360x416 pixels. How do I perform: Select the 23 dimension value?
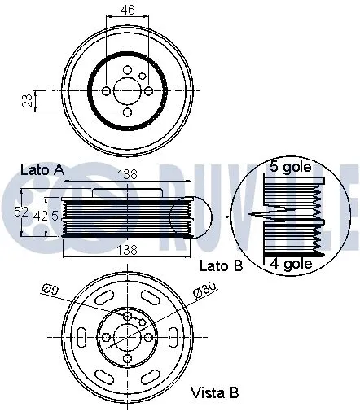tap(27, 101)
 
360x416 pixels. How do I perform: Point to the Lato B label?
tap(219, 265)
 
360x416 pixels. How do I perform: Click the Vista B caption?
tap(214, 393)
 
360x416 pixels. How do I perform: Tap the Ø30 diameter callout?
tap(204, 290)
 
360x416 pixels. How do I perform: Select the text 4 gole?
tap(290, 263)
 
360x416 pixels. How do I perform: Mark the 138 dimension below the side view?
tap(128, 250)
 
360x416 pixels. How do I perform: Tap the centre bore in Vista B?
tap(126, 336)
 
